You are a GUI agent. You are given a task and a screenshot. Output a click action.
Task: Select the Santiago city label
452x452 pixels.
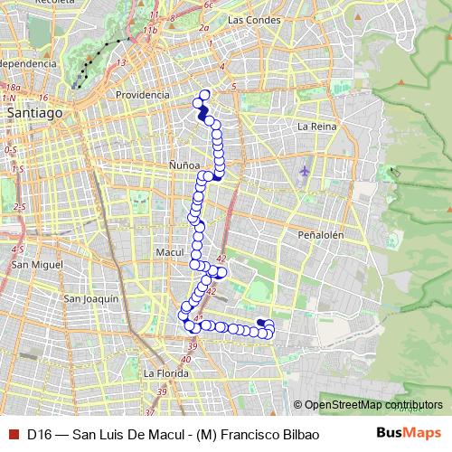34,114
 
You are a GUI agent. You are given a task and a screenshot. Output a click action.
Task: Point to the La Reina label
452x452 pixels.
316,127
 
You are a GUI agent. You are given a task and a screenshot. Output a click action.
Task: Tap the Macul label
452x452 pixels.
170,252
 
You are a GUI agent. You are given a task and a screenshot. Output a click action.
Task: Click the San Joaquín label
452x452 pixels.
92,298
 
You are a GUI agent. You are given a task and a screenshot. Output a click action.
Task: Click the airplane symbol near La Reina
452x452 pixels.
304,170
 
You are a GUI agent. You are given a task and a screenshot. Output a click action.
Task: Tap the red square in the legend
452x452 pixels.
12,433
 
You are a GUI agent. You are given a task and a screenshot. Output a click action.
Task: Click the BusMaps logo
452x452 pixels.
409,433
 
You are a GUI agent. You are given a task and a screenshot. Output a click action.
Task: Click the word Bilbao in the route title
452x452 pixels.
299,433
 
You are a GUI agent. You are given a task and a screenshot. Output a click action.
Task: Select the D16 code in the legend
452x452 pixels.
38,433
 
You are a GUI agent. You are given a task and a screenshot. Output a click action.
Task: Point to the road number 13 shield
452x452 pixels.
120,62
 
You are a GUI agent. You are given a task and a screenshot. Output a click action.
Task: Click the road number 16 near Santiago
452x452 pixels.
42,96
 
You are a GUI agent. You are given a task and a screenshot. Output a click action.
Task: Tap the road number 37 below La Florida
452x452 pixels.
163,391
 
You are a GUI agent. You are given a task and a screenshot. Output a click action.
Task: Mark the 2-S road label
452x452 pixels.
20,207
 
